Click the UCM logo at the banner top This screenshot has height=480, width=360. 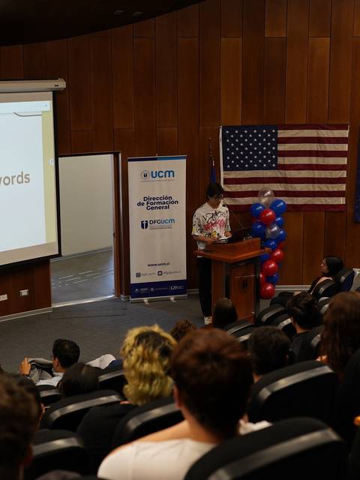(157, 175)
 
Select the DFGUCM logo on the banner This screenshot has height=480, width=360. (157, 224)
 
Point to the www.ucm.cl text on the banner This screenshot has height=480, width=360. (157, 264)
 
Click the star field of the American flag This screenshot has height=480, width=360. (249, 148)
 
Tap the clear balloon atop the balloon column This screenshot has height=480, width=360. (266, 196)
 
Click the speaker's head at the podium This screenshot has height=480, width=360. (215, 193)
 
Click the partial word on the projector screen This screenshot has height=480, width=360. (15, 178)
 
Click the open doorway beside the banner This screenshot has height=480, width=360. (86, 225)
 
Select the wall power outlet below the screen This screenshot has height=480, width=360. (24, 292)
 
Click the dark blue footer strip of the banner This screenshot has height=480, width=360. (157, 288)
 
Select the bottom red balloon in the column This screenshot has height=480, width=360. (268, 290)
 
